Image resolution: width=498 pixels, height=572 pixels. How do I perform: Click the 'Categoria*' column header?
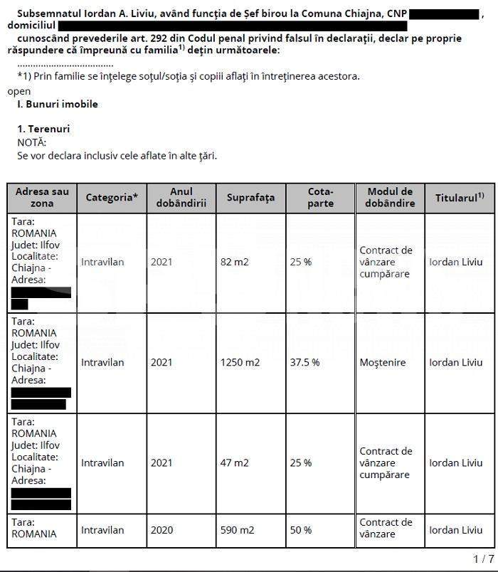[112, 197]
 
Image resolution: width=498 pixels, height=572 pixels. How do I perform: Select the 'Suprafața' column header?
[250, 197]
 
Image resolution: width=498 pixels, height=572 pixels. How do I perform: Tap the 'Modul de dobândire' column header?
[391, 197]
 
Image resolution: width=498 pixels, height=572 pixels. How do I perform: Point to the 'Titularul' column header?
[460, 197]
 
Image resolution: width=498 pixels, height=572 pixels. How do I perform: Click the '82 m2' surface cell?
[235, 262]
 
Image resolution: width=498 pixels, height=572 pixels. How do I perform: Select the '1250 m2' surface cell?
[240, 362]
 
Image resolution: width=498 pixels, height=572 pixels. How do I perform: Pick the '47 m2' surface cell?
[235, 462]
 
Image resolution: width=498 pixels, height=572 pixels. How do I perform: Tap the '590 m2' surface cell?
[238, 530]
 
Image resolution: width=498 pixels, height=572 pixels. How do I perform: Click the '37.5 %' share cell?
[304, 362]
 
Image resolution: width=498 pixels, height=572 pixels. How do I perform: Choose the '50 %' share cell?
[301, 530]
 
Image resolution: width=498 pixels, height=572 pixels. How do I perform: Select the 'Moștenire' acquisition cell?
[383, 362]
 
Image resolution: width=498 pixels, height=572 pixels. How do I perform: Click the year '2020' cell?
[161, 530]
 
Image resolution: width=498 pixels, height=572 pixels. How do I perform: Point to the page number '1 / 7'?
[483, 558]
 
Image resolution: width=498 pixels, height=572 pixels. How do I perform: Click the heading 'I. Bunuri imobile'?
[58, 104]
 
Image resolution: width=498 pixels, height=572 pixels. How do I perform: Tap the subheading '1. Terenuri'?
[43, 129]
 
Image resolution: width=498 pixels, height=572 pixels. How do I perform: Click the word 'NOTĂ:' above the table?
[31, 142]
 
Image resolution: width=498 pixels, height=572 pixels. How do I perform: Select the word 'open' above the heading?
[19, 91]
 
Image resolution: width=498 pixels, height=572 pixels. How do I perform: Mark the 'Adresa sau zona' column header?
[42, 197]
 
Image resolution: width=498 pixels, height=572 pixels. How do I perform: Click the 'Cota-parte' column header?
[320, 197]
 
